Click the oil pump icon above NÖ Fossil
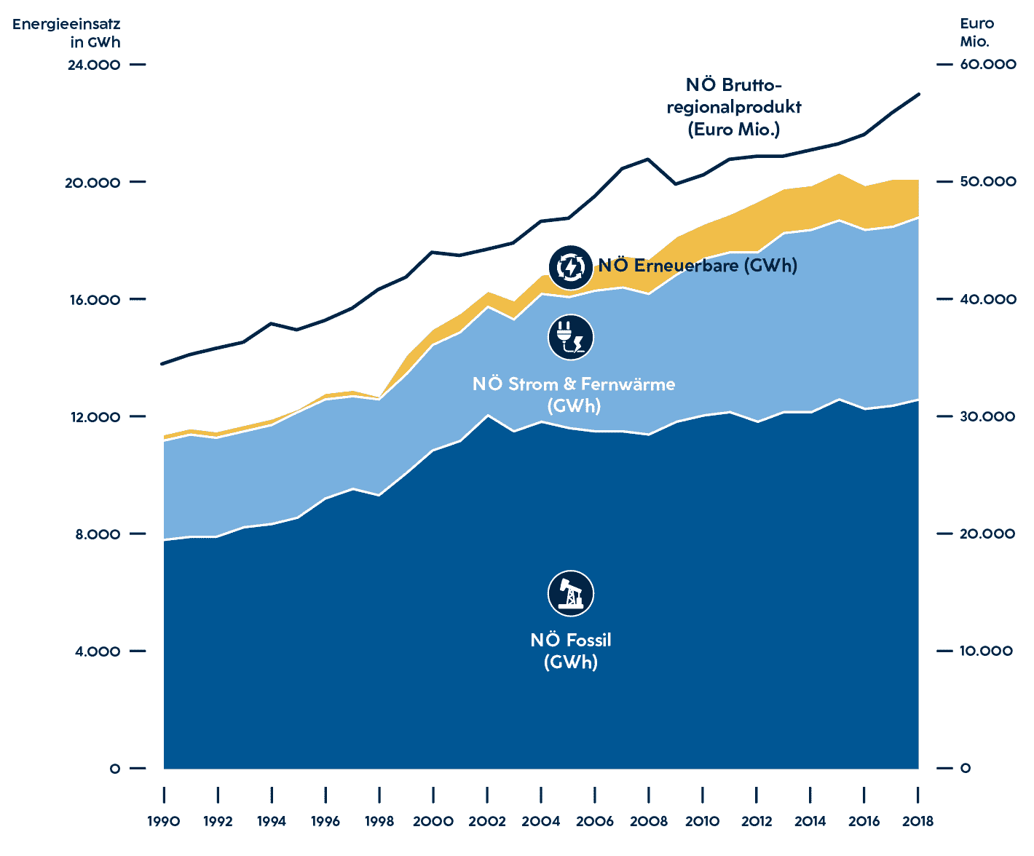pyautogui.click(x=570, y=593)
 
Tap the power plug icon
pyautogui.click(x=570, y=338)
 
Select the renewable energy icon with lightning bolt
pyautogui.click(x=570, y=268)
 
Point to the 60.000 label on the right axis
pyautogui.click(x=987, y=65)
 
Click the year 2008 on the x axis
pyautogui.click(x=648, y=821)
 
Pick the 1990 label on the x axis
pyautogui.click(x=163, y=821)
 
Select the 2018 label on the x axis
pyautogui.click(x=917, y=821)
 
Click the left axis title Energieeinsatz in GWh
pyautogui.click(x=67, y=33)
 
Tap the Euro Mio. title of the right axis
pyautogui.click(x=976, y=33)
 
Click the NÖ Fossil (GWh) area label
pyautogui.click(x=570, y=651)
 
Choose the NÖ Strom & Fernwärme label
pyautogui.click(x=574, y=395)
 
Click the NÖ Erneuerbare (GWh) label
pyautogui.click(x=698, y=266)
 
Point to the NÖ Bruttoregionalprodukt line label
pyautogui.click(x=733, y=107)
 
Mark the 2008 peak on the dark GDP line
pyautogui.click(x=648, y=159)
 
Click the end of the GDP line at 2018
pyautogui.click(x=919, y=94)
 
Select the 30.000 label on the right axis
pyautogui.click(x=987, y=416)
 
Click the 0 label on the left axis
pyautogui.click(x=114, y=769)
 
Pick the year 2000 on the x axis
pyautogui.click(x=433, y=821)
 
